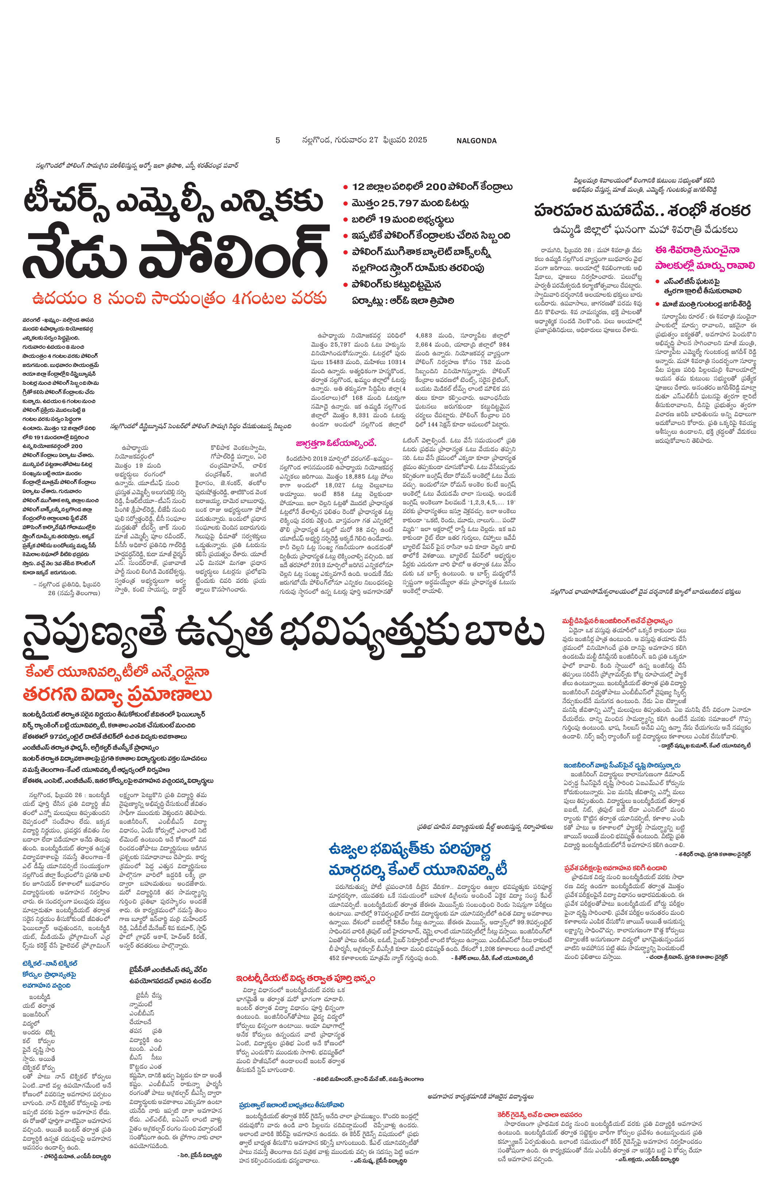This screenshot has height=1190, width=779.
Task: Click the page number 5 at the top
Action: (277, 140)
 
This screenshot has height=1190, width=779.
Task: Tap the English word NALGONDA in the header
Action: (476, 141)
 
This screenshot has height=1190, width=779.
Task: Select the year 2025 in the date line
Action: (417, 140)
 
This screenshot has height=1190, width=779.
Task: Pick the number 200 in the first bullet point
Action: (436, 187)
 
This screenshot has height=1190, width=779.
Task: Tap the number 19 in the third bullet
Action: (385, 219)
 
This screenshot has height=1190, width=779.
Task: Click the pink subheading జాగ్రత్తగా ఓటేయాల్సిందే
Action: (336, 443)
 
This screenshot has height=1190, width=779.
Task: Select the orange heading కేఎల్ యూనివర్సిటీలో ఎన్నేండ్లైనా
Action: (117, 672)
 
